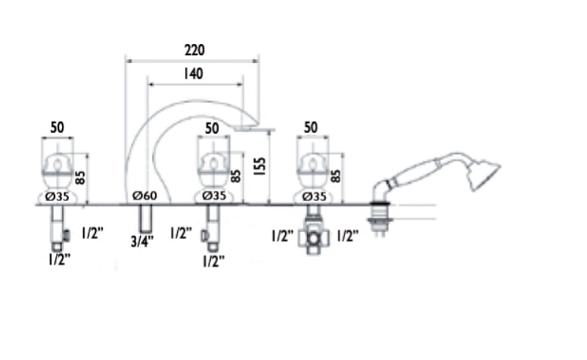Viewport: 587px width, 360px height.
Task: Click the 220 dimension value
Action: click(x=194, y=50)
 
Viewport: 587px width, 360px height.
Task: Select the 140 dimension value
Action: click(x=194, y=73)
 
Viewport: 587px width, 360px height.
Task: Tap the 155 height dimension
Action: click(x=259, y=166)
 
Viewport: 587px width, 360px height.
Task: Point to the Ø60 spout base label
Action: click(x=145, y=195)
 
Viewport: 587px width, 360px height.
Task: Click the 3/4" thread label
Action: click(x=142, y=241)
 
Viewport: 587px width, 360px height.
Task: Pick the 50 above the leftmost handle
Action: click(x=57, y=128)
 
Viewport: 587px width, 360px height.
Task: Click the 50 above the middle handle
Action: click(x=212, y=129)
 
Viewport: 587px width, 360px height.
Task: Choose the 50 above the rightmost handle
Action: click(x=311, y=128)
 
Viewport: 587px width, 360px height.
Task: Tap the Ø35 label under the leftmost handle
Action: click(x=57, y=197)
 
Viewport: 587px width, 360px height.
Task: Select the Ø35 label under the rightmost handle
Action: click(x=314, y=197)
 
